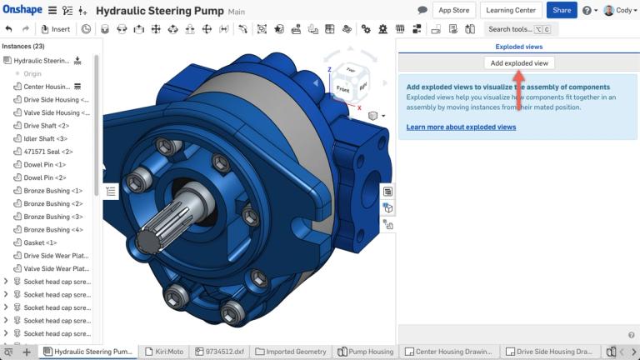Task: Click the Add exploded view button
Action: [x=519, y=63]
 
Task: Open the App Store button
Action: [x=454, y=10]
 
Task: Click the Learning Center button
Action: [x=511, y=10]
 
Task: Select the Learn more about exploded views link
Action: [x=461, y=127]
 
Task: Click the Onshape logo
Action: [x=22, y=11]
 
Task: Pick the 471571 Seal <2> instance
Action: [x=47, y=152]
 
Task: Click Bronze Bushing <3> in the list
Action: [x=52, y=217]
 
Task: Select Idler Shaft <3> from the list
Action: [x=45, y=138]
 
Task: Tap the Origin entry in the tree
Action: [x=32, y=73]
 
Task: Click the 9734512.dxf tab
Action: [x=221, y=352]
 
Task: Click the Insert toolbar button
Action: [x=56, y=29]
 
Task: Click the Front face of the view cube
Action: [x=342, y=88]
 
